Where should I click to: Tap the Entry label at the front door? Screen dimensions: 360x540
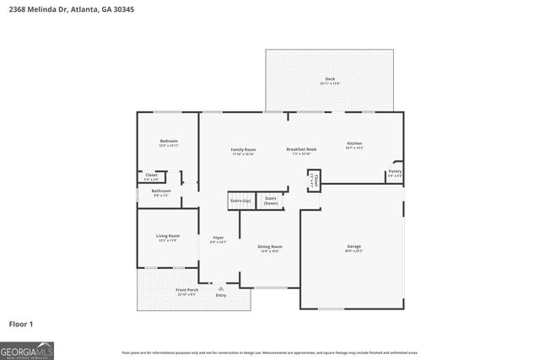point(221,295)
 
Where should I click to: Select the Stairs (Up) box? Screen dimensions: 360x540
point(240,201)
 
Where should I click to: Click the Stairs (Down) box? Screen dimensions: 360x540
point(271,201)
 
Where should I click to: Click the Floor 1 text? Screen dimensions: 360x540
point(21,324)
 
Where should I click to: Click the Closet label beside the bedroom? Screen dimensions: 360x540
point(151,176)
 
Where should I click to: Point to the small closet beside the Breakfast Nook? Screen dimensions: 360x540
point(314,180)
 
